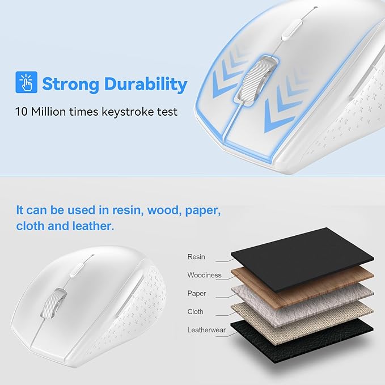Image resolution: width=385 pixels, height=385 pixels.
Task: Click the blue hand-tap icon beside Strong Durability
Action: [26, 82]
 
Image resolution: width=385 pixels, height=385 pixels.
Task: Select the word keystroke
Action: [128, 112]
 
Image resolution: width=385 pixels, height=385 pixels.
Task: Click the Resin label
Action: [196, 257]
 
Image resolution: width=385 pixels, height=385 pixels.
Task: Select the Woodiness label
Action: [204, 275]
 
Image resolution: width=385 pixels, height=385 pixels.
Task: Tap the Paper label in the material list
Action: [197, 293]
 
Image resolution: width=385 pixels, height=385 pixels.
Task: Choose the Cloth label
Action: [195, 311]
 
